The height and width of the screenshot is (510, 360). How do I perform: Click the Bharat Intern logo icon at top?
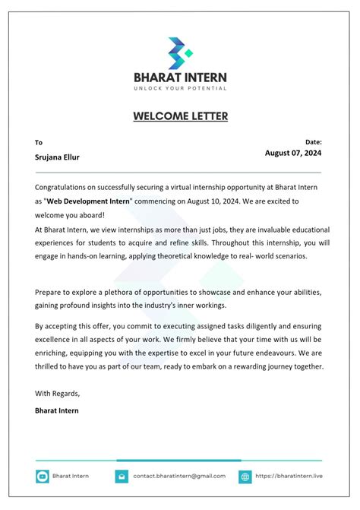tap(180, 52)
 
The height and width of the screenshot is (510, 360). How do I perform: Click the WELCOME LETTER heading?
tap(180, 116)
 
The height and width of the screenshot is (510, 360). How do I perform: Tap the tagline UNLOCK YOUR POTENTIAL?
tap(180, 89)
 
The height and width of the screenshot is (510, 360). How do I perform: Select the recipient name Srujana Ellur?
tap(57, 157)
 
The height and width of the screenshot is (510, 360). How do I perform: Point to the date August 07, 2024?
tap(293, 153)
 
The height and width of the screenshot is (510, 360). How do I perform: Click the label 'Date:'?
tap(313, 141)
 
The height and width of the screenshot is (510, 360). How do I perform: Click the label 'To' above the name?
tap(39, 142)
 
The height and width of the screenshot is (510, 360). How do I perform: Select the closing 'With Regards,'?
tap(57, 393)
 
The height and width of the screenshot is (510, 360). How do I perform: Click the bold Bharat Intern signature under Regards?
tap(56, 410)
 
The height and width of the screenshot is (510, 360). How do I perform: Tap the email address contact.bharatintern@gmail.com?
tap(178, 476)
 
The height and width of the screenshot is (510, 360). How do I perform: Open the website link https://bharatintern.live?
tap(289, 476)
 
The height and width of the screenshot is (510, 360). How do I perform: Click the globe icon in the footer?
tap(245, 477)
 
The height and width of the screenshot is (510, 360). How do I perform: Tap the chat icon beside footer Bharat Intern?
tap(43, 477)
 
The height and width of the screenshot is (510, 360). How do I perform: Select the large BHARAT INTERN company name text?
tap(180, 77)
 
